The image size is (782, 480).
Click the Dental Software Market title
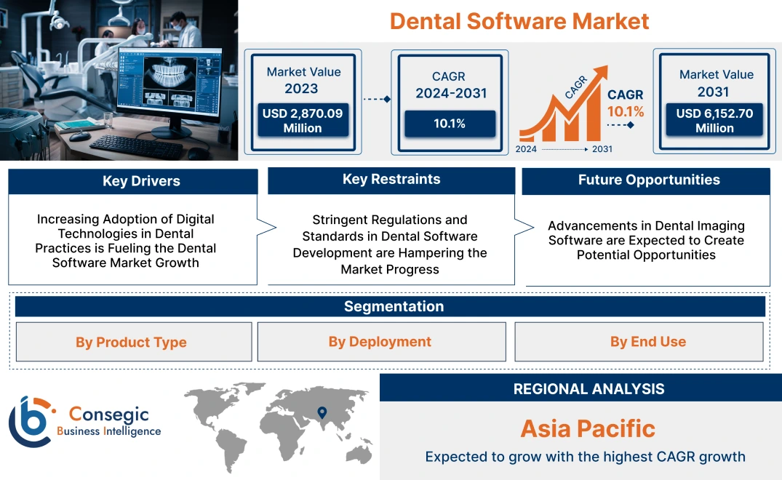point(519,20)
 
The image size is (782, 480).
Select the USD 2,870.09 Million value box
point(302,121)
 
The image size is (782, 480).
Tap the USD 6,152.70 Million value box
point(714,121)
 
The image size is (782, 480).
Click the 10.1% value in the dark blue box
point(450,124)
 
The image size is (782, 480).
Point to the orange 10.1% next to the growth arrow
point(626,111)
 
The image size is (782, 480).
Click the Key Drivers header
point(141,181)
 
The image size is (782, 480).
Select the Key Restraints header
point(391,180)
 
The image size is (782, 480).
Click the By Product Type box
point(132,343)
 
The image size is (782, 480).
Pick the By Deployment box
point(380,342)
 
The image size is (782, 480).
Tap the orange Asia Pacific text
point(588,428)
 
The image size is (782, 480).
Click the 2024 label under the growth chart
point(526,149)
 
